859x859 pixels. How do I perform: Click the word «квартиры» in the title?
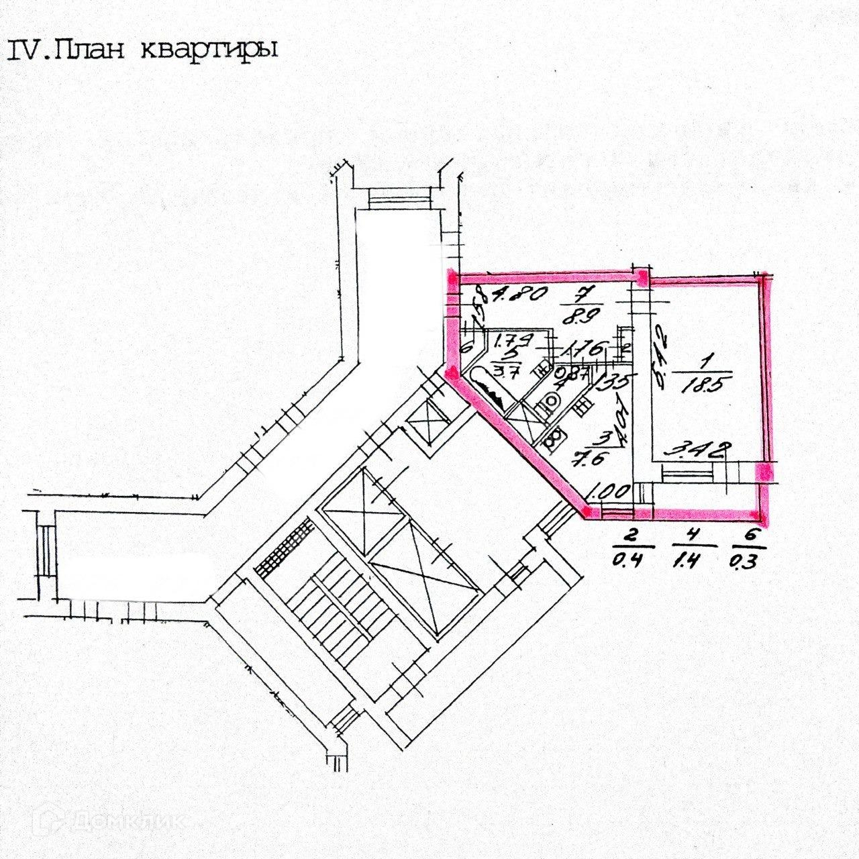(x=209, y=51)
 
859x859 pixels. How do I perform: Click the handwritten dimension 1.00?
(x=607, y=492)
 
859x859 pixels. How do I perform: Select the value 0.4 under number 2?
(x=629, y=560)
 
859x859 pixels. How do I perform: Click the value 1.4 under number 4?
(x=691, y=560)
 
